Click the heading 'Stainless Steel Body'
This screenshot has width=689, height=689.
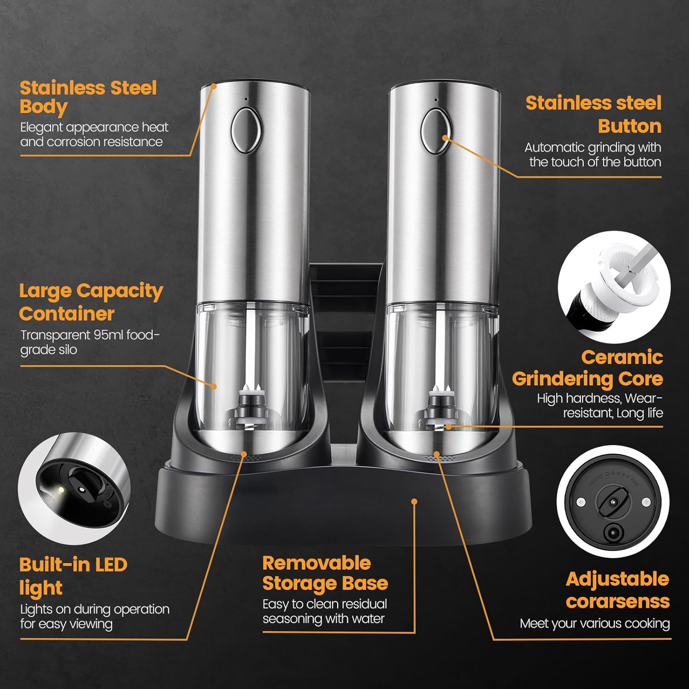tap(88, 97)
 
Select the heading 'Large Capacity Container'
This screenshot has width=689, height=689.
tap(91, 302)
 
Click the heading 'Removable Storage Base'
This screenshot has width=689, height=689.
tap(325, 573)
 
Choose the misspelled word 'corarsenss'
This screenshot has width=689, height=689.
tap(618, 601)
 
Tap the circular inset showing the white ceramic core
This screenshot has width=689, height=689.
tap(614, 287)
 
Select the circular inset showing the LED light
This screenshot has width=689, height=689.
tap(74, 489)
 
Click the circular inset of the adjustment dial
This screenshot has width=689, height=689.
tap(613, 502)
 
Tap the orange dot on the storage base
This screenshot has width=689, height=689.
tap(414, 501)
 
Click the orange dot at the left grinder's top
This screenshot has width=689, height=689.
tap(214, 85)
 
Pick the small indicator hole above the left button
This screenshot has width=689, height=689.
tap(246, 99)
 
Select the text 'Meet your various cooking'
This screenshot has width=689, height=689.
tap(595, 624)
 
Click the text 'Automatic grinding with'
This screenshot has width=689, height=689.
tap(593, 147)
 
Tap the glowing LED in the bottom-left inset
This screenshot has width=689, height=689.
tap(59, 491)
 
